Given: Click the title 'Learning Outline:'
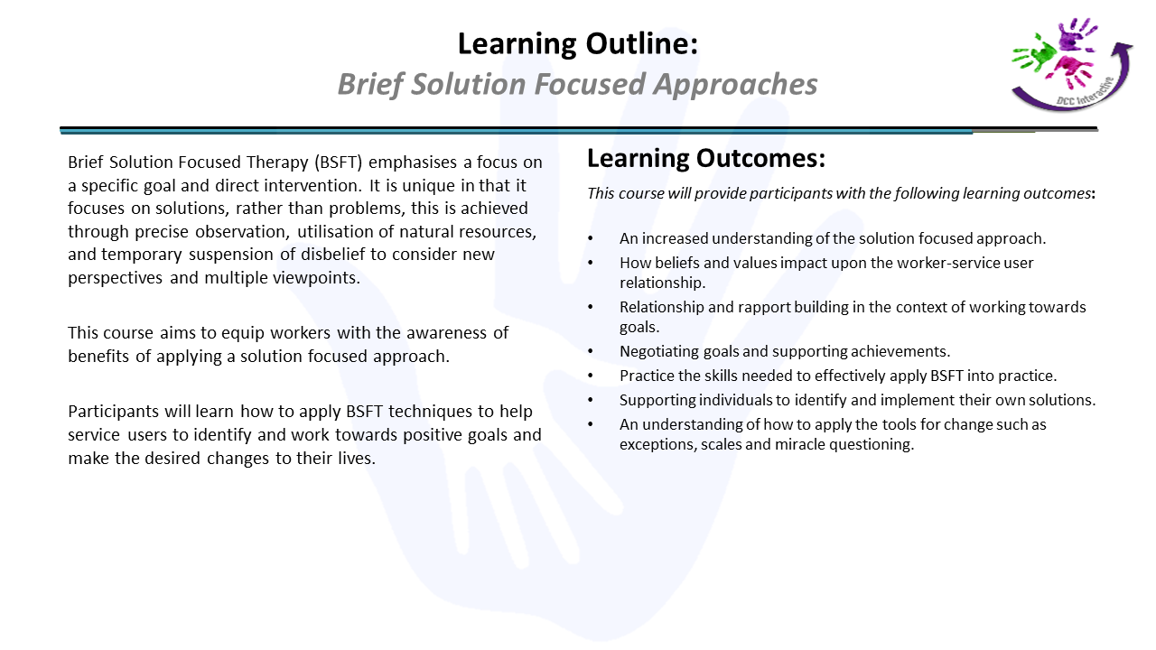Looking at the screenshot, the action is pos(578,43).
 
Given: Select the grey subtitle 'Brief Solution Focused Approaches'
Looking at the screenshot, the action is pos(577,84).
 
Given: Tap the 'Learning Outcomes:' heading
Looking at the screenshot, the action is pos(706,158).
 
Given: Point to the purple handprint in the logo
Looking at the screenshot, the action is pos(1076,34).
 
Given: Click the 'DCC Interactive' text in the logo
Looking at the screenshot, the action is pos(1085,92).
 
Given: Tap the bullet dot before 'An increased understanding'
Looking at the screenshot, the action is pos(591,239).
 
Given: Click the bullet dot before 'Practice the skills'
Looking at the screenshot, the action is pos(591,376).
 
